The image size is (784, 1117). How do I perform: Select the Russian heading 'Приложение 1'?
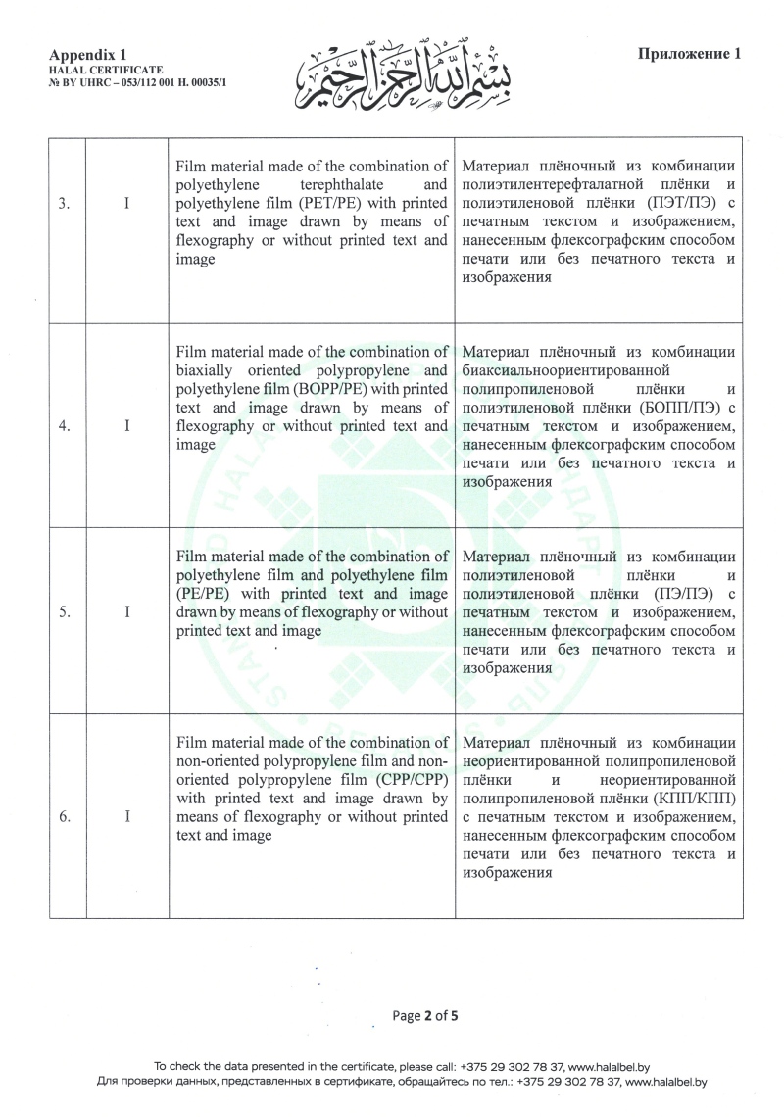(689, 54)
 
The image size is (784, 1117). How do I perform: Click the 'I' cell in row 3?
(127, 204)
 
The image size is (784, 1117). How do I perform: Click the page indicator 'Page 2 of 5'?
(424, 1016)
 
